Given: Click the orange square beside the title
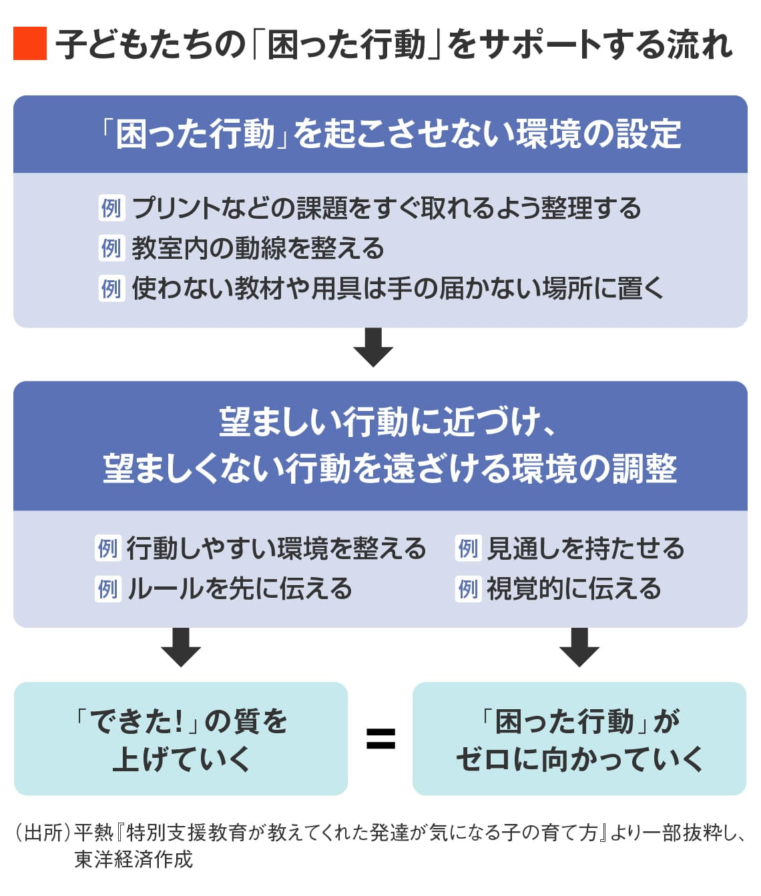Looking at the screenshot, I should (x=30, y=44).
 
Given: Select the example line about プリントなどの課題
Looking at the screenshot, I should (x=386, y=208).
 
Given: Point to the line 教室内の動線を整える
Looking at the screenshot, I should (x=258, y=248).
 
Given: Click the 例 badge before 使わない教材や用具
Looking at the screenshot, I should (x=111, y=288).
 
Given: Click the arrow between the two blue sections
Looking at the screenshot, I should (x=373, y=347).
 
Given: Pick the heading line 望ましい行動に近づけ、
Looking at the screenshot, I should (x=388, y=422).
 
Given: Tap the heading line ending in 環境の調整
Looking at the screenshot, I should (x=390, y=468).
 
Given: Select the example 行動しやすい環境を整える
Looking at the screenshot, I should (x=276, y=548).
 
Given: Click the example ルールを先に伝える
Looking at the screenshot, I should (x=239, y=588).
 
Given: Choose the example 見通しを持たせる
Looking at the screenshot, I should (x=585, y=548).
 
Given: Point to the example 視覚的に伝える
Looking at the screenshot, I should (x=573, y=588).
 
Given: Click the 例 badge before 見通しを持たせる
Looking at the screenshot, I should (x=467, y=548).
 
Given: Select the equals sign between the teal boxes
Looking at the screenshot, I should (x=380, y=739).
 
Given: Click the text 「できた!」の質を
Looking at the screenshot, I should (x=181, y=721).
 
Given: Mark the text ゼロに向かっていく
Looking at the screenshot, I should (x=579, y=759).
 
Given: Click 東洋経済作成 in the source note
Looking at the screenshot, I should (x=134, y=859).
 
